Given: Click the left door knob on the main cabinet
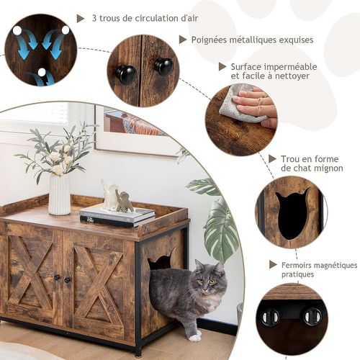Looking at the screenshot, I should click(x=58, y=279).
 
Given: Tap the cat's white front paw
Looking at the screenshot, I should click(x=194, y=336).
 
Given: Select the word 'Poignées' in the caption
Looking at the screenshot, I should click(x=212, y=40).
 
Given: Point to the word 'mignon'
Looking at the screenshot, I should click(x=325, y=168).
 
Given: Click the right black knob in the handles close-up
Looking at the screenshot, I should click(x=163, y=67).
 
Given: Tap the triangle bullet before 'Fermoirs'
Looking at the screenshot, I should click(x=272, y=264).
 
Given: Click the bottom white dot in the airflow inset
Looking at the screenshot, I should click(x=41, y=73).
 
